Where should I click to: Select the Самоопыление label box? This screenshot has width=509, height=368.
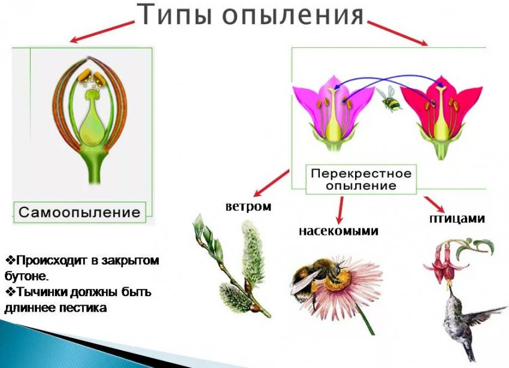click(80, 212)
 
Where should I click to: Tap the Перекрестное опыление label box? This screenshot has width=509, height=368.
click(360, 179)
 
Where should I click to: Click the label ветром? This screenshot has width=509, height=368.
click(248, 207)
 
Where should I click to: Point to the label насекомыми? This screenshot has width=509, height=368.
click(338, 230)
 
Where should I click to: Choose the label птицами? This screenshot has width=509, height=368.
click(456, 218)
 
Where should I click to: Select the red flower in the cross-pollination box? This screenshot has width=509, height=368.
click(441, 111)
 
